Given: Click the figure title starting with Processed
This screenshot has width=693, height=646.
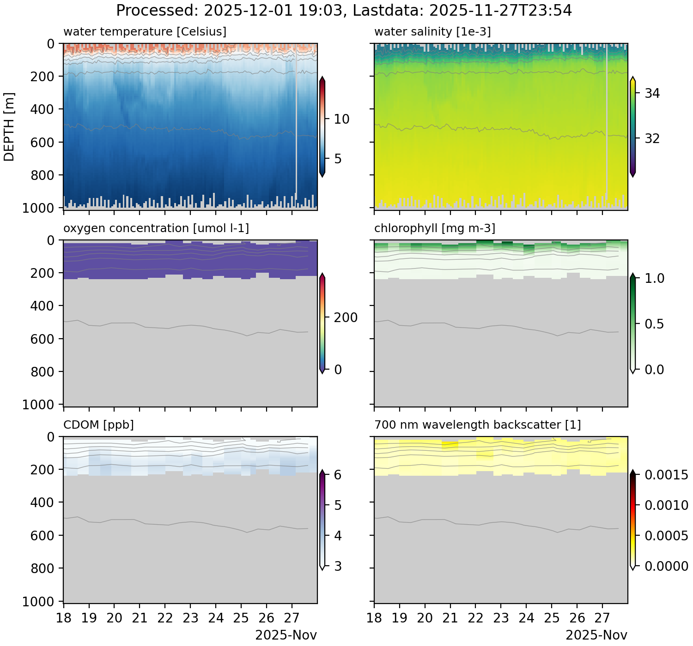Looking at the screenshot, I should (x=344, y=10).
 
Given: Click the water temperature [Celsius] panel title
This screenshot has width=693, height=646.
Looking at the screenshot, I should (x=145, y=32).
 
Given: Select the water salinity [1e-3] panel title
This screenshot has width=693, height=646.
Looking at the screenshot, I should (x=432, y=32).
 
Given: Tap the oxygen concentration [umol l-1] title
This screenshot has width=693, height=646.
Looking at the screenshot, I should (x=156, y=228).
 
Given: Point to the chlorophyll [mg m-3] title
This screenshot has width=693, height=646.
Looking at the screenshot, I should (x=435, y=228).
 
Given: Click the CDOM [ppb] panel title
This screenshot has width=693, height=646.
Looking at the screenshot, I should (x=98, y=425).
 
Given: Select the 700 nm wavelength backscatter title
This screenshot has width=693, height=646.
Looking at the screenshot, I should (x=478, y=425).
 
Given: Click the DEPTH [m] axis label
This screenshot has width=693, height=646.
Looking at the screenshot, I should (x=9, y=126).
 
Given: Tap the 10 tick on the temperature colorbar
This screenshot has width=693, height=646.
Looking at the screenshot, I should (x=341, y=119).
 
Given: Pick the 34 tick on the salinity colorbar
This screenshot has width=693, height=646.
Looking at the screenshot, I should (x=652, y=94).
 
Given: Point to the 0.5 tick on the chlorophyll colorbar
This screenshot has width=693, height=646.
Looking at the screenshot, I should (x=654, y=324).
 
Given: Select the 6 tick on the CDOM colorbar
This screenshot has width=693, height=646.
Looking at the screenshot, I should (x=338, y=475).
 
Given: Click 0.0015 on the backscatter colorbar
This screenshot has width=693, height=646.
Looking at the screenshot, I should (x=666, y=475).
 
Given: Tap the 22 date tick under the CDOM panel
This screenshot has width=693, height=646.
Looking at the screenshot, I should (x=165, y=618).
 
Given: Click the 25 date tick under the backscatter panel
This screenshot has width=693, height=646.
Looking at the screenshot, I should (x=552, y=618).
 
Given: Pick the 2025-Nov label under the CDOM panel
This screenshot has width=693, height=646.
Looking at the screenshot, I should (x=286, y=635).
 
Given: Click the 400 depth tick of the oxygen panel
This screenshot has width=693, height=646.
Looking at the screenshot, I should (x=44, y=306).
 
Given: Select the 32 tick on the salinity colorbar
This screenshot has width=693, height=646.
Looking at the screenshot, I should (x=652, y=138).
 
